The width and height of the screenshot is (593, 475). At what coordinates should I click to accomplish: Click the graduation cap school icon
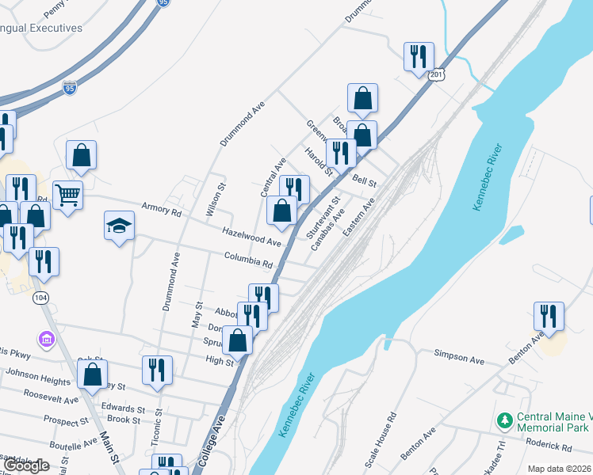coord(119,226)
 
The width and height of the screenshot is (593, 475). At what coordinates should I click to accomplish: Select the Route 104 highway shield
coord(41,298)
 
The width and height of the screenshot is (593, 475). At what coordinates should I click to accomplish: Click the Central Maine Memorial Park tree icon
coord(503,419)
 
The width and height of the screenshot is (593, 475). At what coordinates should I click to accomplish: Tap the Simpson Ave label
coord(458,359)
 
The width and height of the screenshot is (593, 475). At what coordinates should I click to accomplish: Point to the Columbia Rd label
coord(248,259)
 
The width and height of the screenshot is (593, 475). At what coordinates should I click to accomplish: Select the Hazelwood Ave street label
coord(251,235)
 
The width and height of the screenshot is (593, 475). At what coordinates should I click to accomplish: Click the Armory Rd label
coord(162,210)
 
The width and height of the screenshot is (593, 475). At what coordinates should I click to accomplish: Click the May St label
coord(196,318)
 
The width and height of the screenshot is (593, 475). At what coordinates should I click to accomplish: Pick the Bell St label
coord(365,181)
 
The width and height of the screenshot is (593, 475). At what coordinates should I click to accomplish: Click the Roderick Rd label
coord(559,444)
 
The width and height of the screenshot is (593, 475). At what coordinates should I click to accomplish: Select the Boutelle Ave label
coord(72,446)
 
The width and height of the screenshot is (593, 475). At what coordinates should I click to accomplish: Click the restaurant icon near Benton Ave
coord(548,316)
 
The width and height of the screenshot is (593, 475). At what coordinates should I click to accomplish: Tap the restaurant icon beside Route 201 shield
coord(418,56)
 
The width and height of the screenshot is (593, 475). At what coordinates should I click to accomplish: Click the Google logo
coord(26,465)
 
